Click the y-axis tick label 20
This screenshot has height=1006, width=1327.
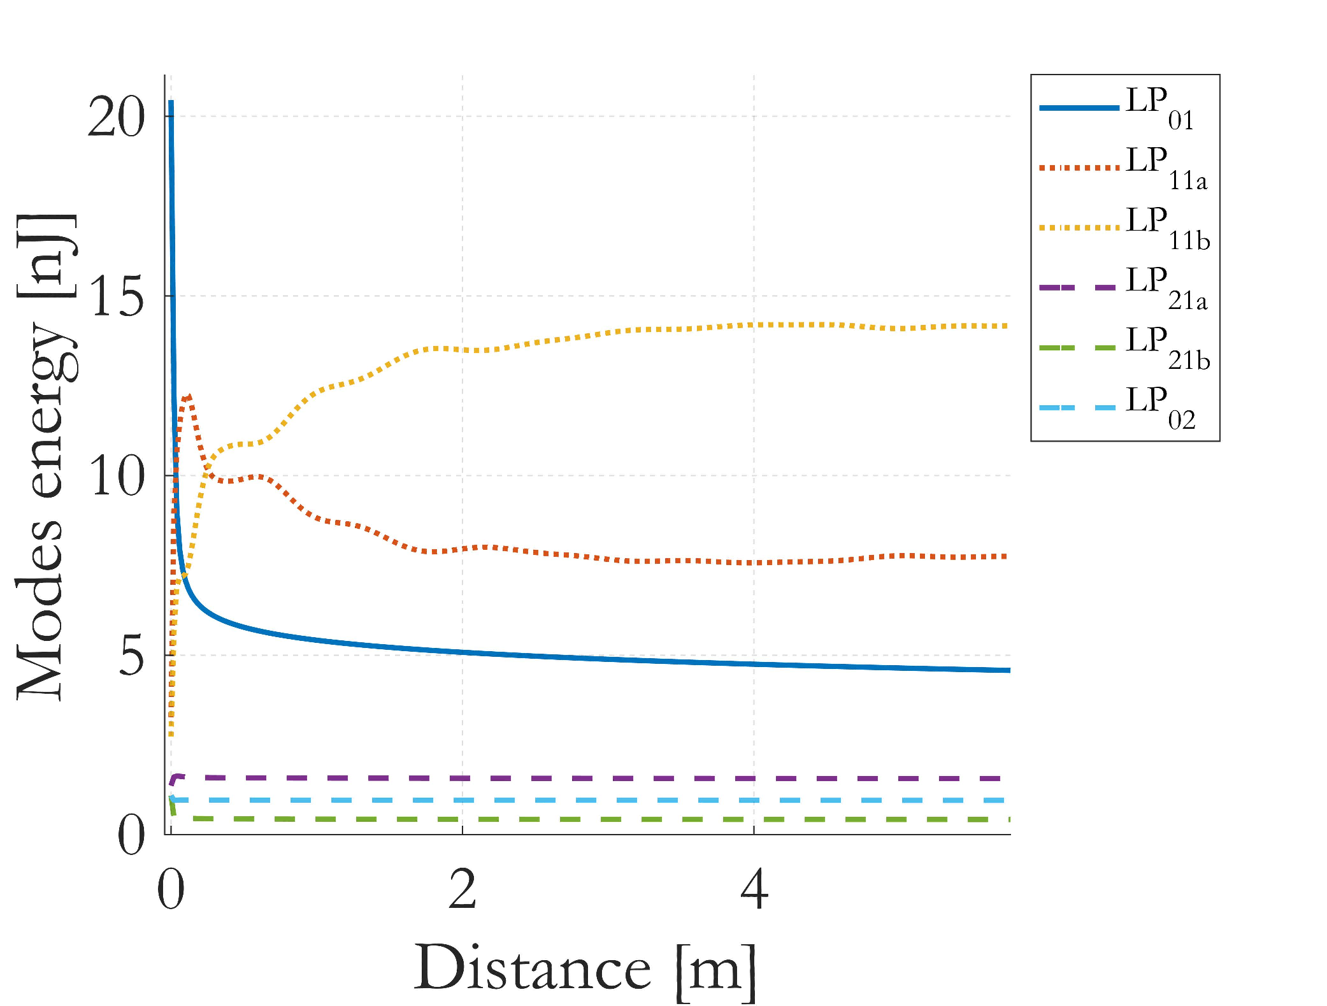pyautogui.click(x=116, y=118)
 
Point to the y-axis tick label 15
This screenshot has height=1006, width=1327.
pyautogui.click(x=117, y=298)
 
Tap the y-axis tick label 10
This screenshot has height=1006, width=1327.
pyautogui.click(x=117, y=477)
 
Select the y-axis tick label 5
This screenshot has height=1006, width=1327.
pyautogui.click(x=132, y=657)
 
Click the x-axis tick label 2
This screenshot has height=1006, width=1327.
pyautogui.click(x=463, y=889)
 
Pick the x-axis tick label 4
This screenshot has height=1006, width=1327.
pyautogui.click(x=754, y=889)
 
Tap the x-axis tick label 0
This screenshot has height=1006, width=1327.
pyautogui.click(x=171, y=889)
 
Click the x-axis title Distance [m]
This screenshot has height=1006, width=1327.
pyautogui.click(x=585, y=969)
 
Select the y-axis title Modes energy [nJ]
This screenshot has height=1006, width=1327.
pyautogui.click(x=45, y=457)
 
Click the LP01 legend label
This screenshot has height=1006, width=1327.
pyautogui.click(x=1159, y=108)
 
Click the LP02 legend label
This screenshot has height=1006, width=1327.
pyautogui.click(x=1160, y=408)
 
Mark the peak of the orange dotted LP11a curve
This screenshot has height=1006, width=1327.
pyautogui.click(x=188, y=398)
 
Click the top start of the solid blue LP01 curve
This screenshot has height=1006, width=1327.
pyautogui.click(x=171, y=102)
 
